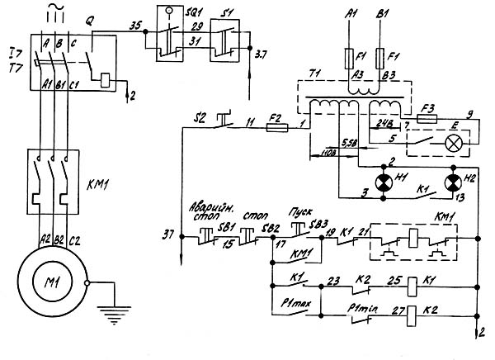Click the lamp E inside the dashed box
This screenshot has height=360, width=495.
(x=452, y=142)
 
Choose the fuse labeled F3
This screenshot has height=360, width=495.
(x=427, y=119)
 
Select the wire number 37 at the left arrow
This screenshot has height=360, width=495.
(x=169, y=235)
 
